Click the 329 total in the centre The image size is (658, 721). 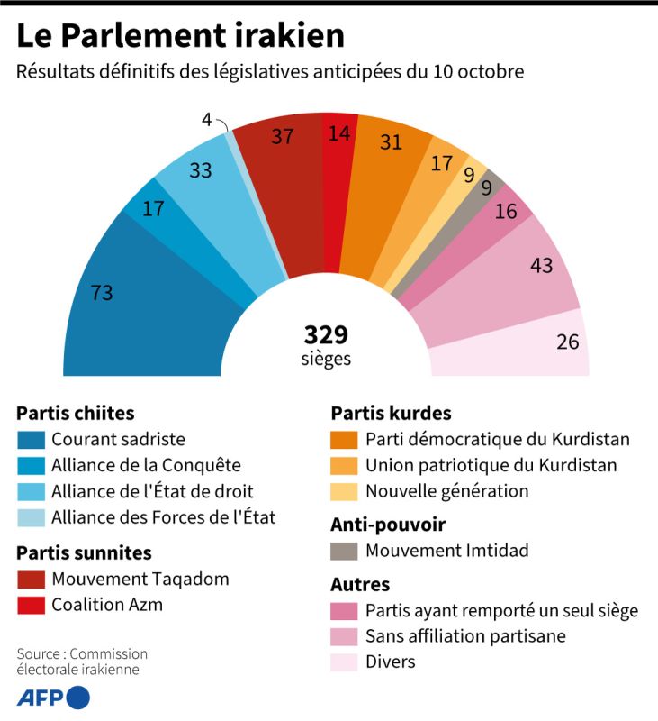coord(326,335)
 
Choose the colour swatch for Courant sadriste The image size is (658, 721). coord(32,440)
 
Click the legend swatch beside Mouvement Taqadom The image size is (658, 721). coord(32,579)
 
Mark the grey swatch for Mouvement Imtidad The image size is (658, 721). coord(346,551)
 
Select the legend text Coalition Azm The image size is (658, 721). coord(107,605)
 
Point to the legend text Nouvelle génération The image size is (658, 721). coord(446,492)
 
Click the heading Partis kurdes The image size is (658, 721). coord(391,414)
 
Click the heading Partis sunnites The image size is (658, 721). coord(84,552)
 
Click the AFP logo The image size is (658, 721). coord(53,698)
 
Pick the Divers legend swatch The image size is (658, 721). coord(346,662)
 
